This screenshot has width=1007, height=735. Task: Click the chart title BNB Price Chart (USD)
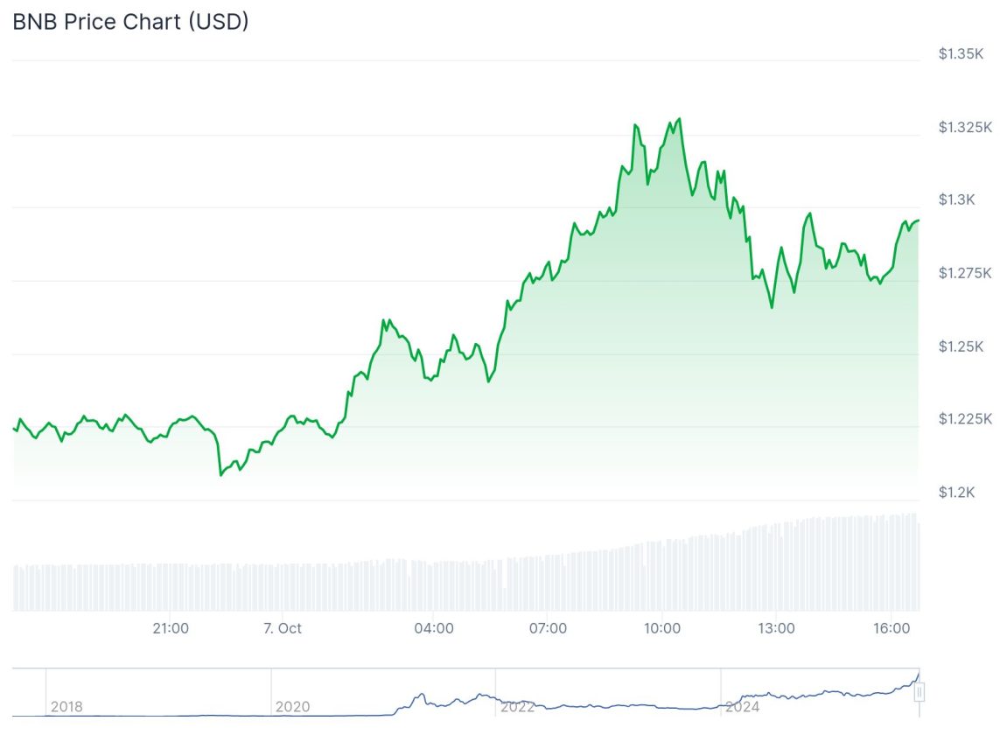pyautogui.click(x=130, y=22)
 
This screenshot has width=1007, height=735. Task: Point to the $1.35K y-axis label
pyautogui.click(x=961, y=54)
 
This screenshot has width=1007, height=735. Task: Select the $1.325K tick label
pyautogui.click(x=965, y=128)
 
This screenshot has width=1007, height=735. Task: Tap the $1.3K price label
pyautogui.click(x=956, y=200)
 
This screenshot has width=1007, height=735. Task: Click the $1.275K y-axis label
pyautogui.click(x=965, y=274)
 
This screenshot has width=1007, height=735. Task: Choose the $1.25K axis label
pyautogui.click(x=961, y=347)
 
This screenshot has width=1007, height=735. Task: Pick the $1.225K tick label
pyautogui.click(x=965, y=419)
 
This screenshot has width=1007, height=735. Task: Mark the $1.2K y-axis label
pyautogui.click(x=956, y=493)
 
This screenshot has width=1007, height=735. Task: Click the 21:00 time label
pyautogui.click(x=171, y=628)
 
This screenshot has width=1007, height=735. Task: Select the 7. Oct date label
pyautogui.click(x=283, y=628)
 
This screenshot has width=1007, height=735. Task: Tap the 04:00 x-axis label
pyautogui.click(x=434, y=628)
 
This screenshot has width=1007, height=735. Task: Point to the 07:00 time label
pyautogui.click(x=548, y=628)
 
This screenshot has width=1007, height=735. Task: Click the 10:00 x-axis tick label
pyautogui.click(x=662, y=628)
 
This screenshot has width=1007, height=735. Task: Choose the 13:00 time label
pyautogui.click(x=776, y=628)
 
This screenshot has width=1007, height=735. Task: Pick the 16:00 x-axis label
pyautogui.click(x=890, y=628)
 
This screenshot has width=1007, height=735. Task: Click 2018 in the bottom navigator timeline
pyautogui.click(x=66, y=706)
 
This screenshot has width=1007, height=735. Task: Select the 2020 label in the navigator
pyautogui.click(x=291, y=706)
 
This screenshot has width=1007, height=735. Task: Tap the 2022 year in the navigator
pyautogui.click(x=517, y=706)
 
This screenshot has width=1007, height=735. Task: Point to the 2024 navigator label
pyautogui.click(x=742, y=706)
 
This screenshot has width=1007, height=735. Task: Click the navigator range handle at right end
pyautogui.click(x=920, y=693)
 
